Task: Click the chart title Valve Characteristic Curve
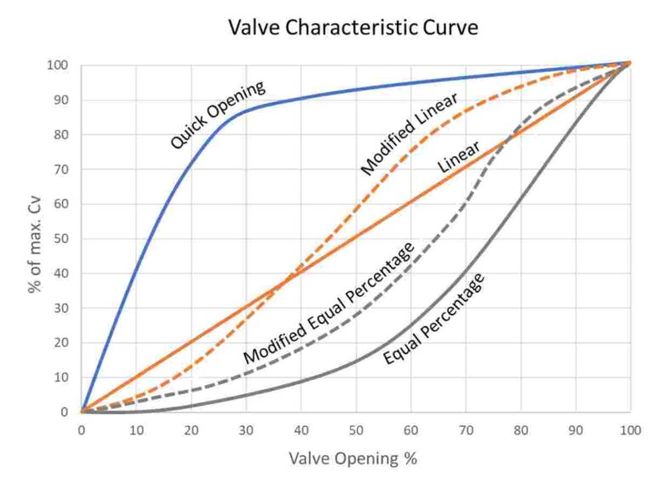pos(353,27)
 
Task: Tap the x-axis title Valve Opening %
pos(353,458)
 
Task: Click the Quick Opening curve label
pos(218,115)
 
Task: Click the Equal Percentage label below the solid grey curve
pos(435,319)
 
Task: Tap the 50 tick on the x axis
pos(356,430)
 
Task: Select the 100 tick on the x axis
pos(630,430)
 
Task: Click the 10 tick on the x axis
pos(136,430)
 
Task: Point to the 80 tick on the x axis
pos(520,430)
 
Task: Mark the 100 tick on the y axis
pos(57,66)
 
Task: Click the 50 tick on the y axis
pos(60,239)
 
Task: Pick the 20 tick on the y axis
pos(60,343)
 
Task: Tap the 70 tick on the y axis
pos(60,170)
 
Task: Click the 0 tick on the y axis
pos(64,412)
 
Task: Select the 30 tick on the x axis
pos(246,430)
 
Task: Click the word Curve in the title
pos(448,27)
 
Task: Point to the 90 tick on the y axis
pos(60,101)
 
